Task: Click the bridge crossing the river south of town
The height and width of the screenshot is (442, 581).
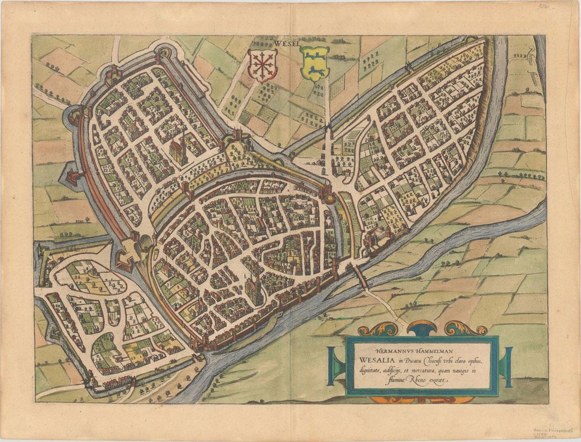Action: [362, 276]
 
